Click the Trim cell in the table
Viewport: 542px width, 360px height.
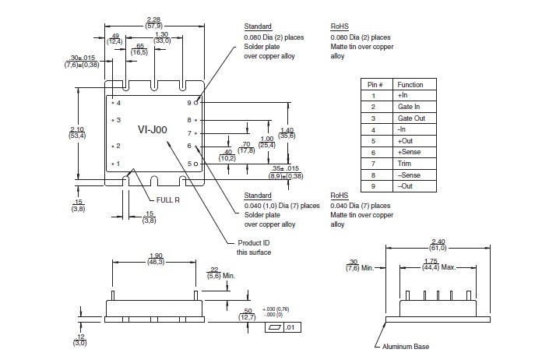(404, 164)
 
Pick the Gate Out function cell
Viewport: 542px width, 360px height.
(410, 118)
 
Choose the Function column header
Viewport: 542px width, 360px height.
(410, 83)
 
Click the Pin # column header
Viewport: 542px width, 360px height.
(373, 83)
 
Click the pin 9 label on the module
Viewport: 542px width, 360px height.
(188, 102)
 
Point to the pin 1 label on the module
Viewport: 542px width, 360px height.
(118, 164)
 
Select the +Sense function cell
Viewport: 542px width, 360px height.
(407, 152)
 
